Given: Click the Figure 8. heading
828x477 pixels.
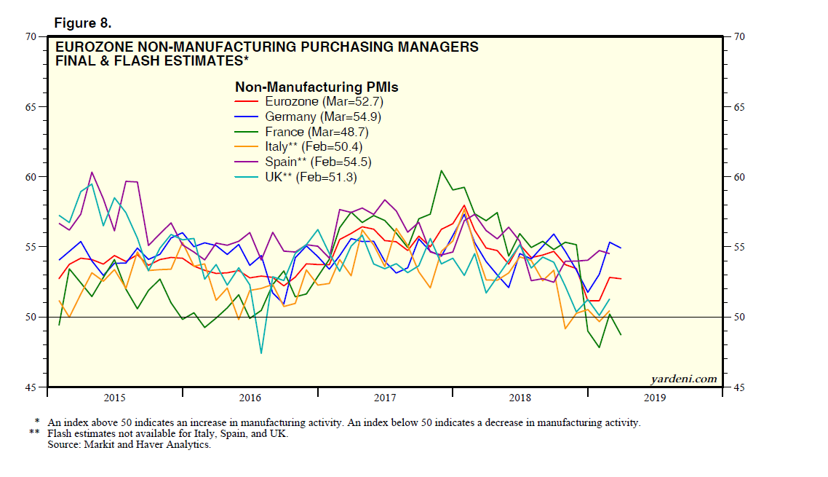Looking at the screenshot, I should (82, 23).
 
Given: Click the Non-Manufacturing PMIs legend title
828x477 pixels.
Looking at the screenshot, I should (317, 87).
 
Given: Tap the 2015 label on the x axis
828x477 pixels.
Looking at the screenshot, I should (115, 398).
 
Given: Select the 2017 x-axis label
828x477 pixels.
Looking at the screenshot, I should (385, 398).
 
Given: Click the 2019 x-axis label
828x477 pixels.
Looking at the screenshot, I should (654, 398).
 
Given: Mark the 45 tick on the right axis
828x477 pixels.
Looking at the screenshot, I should (736, 387).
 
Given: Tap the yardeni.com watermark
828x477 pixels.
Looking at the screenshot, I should (682, 379).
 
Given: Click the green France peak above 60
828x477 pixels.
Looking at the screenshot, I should (442, 170).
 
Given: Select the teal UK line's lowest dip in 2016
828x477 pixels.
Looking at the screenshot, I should (261, 353).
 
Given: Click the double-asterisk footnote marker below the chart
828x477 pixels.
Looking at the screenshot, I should (34, 434).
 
